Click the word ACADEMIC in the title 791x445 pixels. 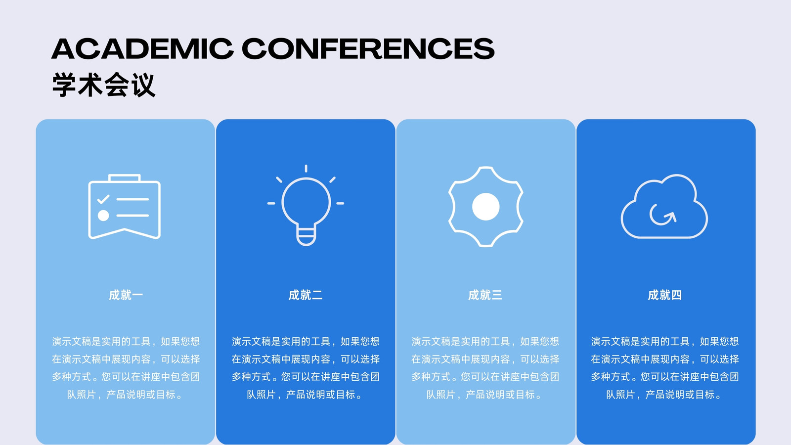pos(142,48)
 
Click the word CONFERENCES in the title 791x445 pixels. pos(368,48)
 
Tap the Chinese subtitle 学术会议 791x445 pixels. pos(103,85)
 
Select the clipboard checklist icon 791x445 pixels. pos(124,207)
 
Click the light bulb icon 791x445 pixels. pos(306,205)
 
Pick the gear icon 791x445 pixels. pos(486,207)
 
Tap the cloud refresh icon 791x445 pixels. pos(664,206)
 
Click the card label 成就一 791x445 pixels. pos(126,295)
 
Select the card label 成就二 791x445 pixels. pos(306,295)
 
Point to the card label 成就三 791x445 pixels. pos(485,295)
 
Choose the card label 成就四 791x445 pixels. pos(665,295)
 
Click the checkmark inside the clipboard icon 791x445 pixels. pos(103,199)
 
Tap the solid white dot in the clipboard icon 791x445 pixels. pos(103,216)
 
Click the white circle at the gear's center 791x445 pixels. pos(486,207)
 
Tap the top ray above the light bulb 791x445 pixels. pos(306,169)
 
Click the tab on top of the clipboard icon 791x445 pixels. pos(124,178)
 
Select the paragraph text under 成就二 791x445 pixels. pos(306,368)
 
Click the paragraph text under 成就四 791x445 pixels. pos(665,368)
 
